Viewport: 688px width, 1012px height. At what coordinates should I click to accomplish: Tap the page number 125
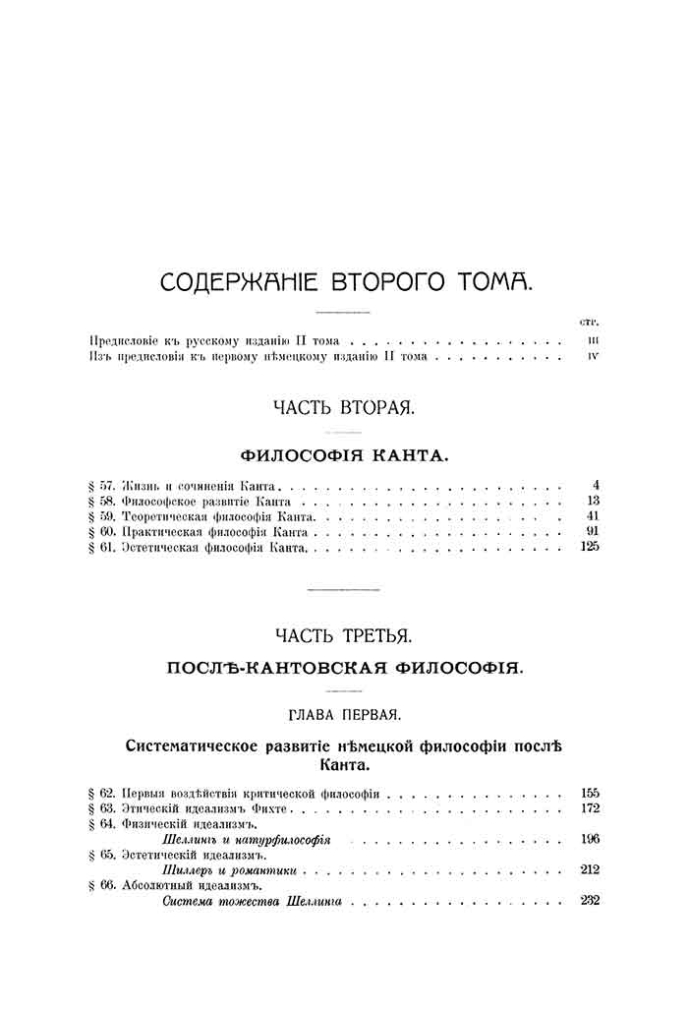pos(590,547)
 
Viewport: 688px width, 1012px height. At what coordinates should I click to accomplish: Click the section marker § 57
pos(101,485)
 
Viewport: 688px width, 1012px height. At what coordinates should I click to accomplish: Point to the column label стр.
pos(590,322)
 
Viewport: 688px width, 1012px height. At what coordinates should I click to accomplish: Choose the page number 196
pos(590,839)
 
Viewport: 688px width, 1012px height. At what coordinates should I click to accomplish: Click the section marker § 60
pos(101,532)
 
